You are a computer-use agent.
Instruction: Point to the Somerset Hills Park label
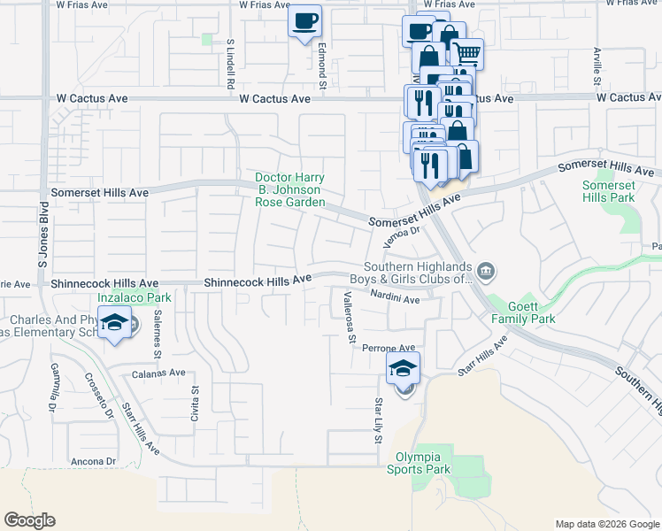(610, 191)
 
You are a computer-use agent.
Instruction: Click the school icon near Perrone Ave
(403, 367)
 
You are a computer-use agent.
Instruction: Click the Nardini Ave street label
(395, 297)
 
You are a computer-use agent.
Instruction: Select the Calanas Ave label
(159, 373)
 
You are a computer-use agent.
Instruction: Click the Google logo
(30, 520)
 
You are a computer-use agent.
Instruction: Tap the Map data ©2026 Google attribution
(606, 524)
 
